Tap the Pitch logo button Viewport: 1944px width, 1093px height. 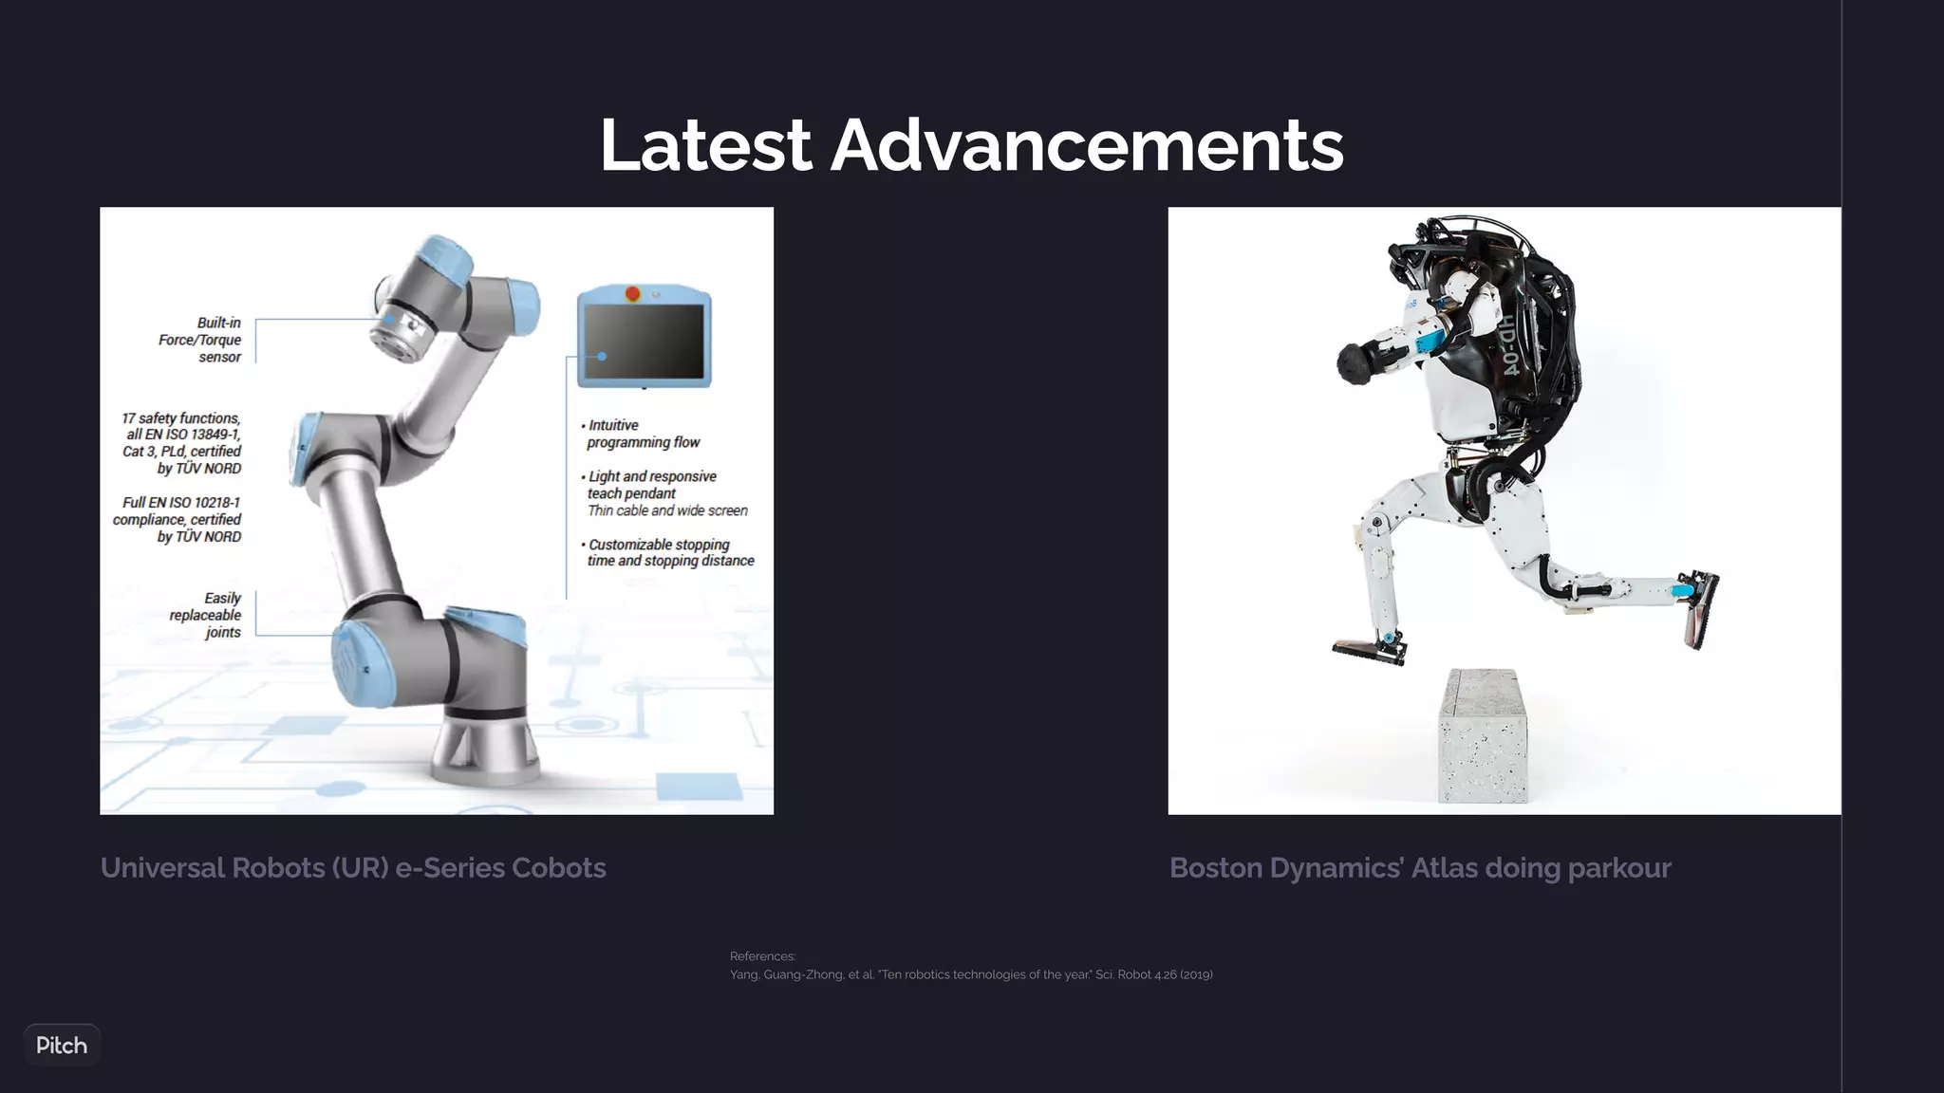62,1045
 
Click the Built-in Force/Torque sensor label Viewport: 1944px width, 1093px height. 200,340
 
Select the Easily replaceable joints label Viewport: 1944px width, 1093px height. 206,615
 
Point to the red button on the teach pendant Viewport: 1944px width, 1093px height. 633,294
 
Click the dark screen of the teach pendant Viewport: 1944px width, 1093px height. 645,342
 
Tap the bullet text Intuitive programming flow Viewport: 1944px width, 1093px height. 643,434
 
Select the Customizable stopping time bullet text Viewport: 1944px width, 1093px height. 670,552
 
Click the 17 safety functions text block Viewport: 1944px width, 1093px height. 182,443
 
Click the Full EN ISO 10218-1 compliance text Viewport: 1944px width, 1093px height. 178,519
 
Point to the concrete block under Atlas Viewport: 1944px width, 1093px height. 1484,737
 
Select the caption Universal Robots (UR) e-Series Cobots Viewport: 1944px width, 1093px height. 353,868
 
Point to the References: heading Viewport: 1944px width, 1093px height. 762,956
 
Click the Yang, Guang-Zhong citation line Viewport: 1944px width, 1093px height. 971,974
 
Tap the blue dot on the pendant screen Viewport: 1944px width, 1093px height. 602,357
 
